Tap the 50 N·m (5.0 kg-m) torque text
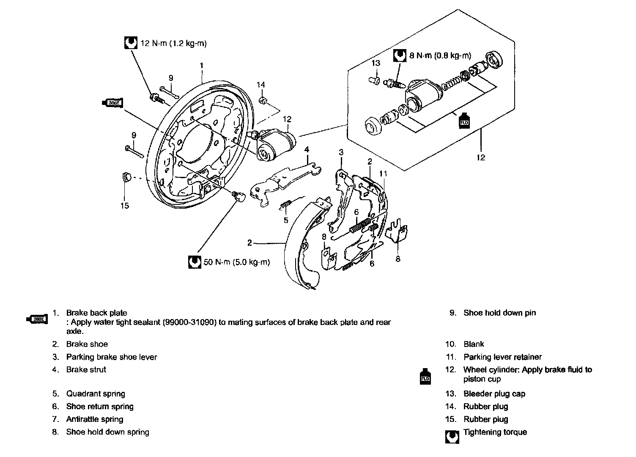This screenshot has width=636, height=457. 236,262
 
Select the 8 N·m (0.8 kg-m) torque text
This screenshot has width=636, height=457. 440,55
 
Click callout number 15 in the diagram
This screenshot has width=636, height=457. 124,206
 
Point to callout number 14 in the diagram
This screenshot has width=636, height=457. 261,85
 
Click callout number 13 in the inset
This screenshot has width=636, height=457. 376,63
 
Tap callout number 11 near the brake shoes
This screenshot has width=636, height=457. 383,173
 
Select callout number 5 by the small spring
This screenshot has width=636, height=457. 286,220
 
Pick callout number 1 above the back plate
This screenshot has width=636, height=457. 202,66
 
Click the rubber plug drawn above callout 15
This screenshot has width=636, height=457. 125,177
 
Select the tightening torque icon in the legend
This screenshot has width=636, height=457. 452,437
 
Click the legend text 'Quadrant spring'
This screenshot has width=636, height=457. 96,394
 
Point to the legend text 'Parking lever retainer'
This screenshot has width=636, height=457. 502,357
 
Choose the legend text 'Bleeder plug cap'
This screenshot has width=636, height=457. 494,394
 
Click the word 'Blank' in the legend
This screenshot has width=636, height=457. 474,344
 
